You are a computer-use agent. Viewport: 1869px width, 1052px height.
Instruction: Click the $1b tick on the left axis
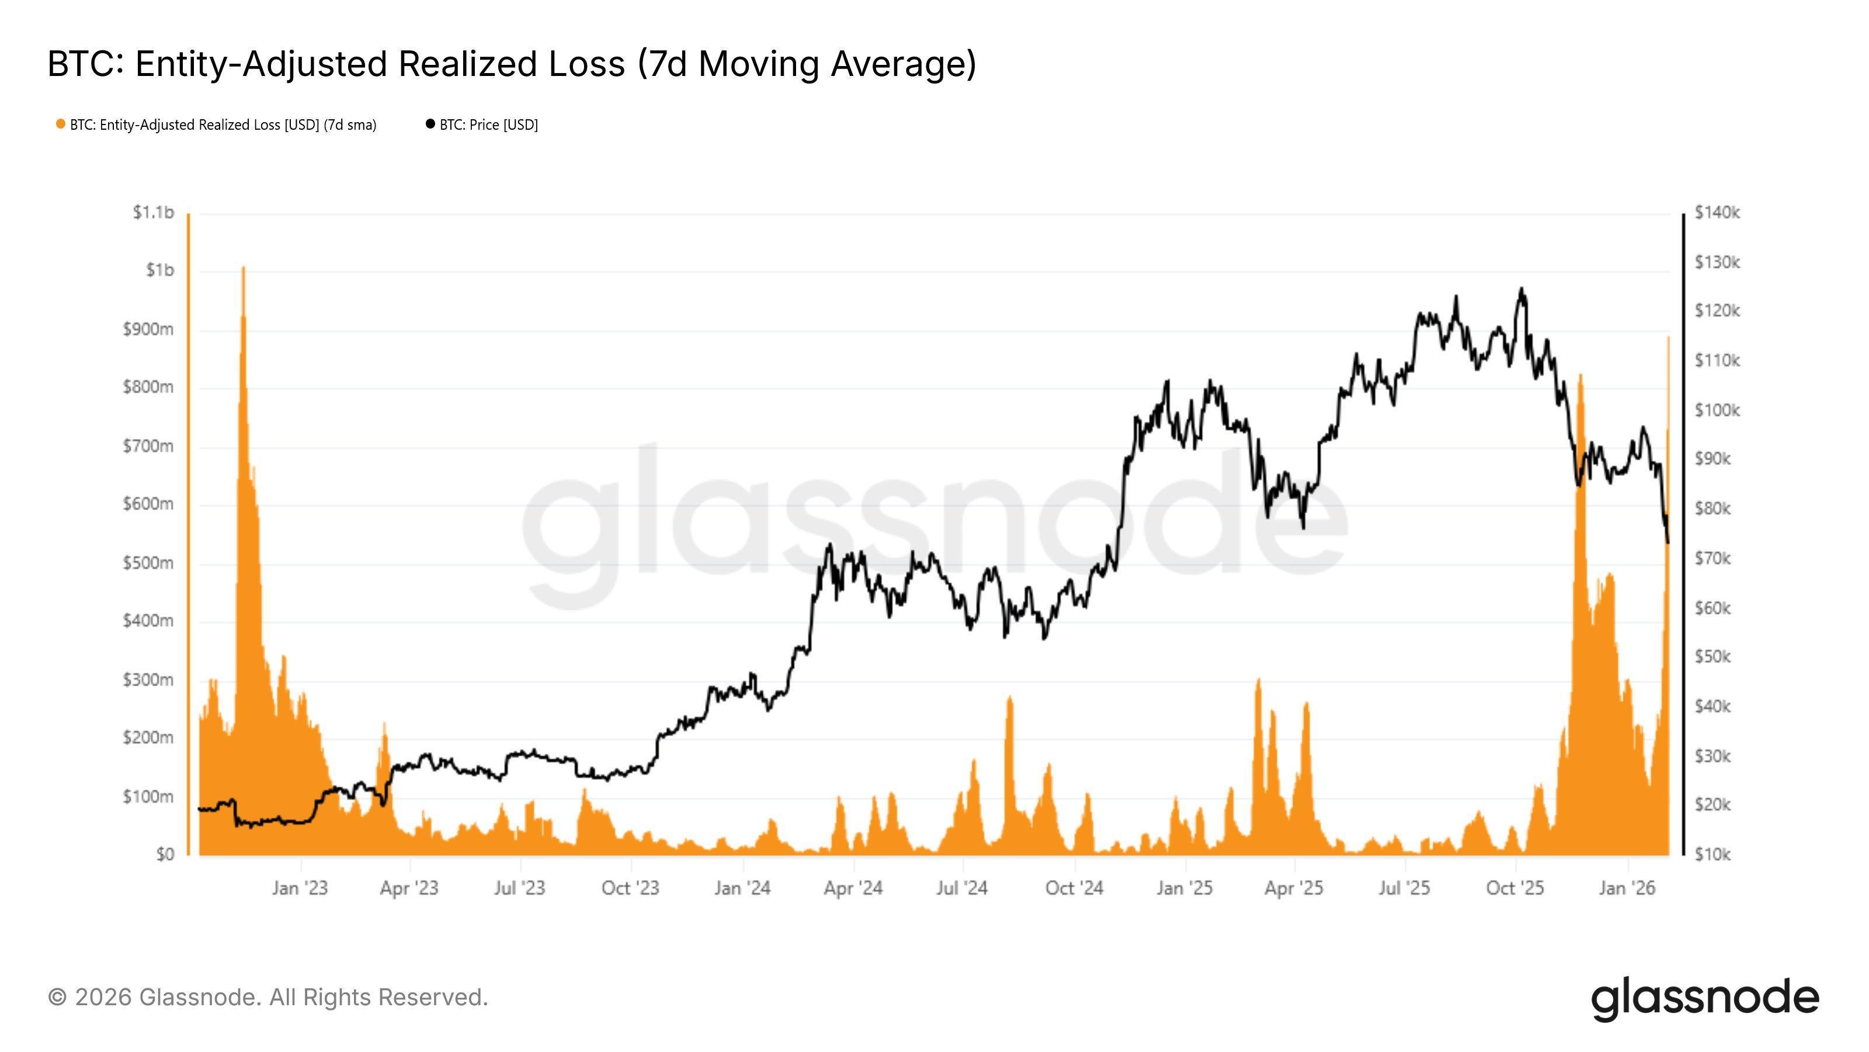point(159,271)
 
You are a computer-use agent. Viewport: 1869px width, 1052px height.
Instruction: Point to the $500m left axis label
point(148,563)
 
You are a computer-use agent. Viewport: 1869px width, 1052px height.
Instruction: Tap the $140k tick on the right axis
point(1717,213)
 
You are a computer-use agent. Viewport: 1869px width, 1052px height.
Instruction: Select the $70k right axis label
point(1712,558)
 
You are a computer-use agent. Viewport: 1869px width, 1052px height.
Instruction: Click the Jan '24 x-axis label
point(742,888)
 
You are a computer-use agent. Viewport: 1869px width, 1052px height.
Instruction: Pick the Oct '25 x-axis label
point(1515,888)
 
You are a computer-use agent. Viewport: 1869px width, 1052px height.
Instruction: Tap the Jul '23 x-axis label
point(519,888)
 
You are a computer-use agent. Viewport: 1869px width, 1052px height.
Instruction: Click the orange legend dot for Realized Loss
point(61,124)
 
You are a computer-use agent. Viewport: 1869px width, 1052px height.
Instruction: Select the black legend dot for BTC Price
point(430,124)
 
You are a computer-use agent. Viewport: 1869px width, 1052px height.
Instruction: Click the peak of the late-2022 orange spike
point(243,268)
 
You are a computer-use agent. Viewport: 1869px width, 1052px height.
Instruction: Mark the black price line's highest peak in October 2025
point(1521,289)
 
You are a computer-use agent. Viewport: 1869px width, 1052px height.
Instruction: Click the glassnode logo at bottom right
point(1705,998)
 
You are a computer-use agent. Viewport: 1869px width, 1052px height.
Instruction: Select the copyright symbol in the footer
point(57,998)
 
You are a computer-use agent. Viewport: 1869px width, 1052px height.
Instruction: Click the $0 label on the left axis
point(165,854)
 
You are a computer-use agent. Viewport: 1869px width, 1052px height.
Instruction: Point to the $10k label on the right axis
point(1712,854)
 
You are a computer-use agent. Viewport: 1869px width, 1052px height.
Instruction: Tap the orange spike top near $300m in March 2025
point(1259,680)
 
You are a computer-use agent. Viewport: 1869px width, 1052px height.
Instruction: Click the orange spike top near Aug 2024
point(1009,697)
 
